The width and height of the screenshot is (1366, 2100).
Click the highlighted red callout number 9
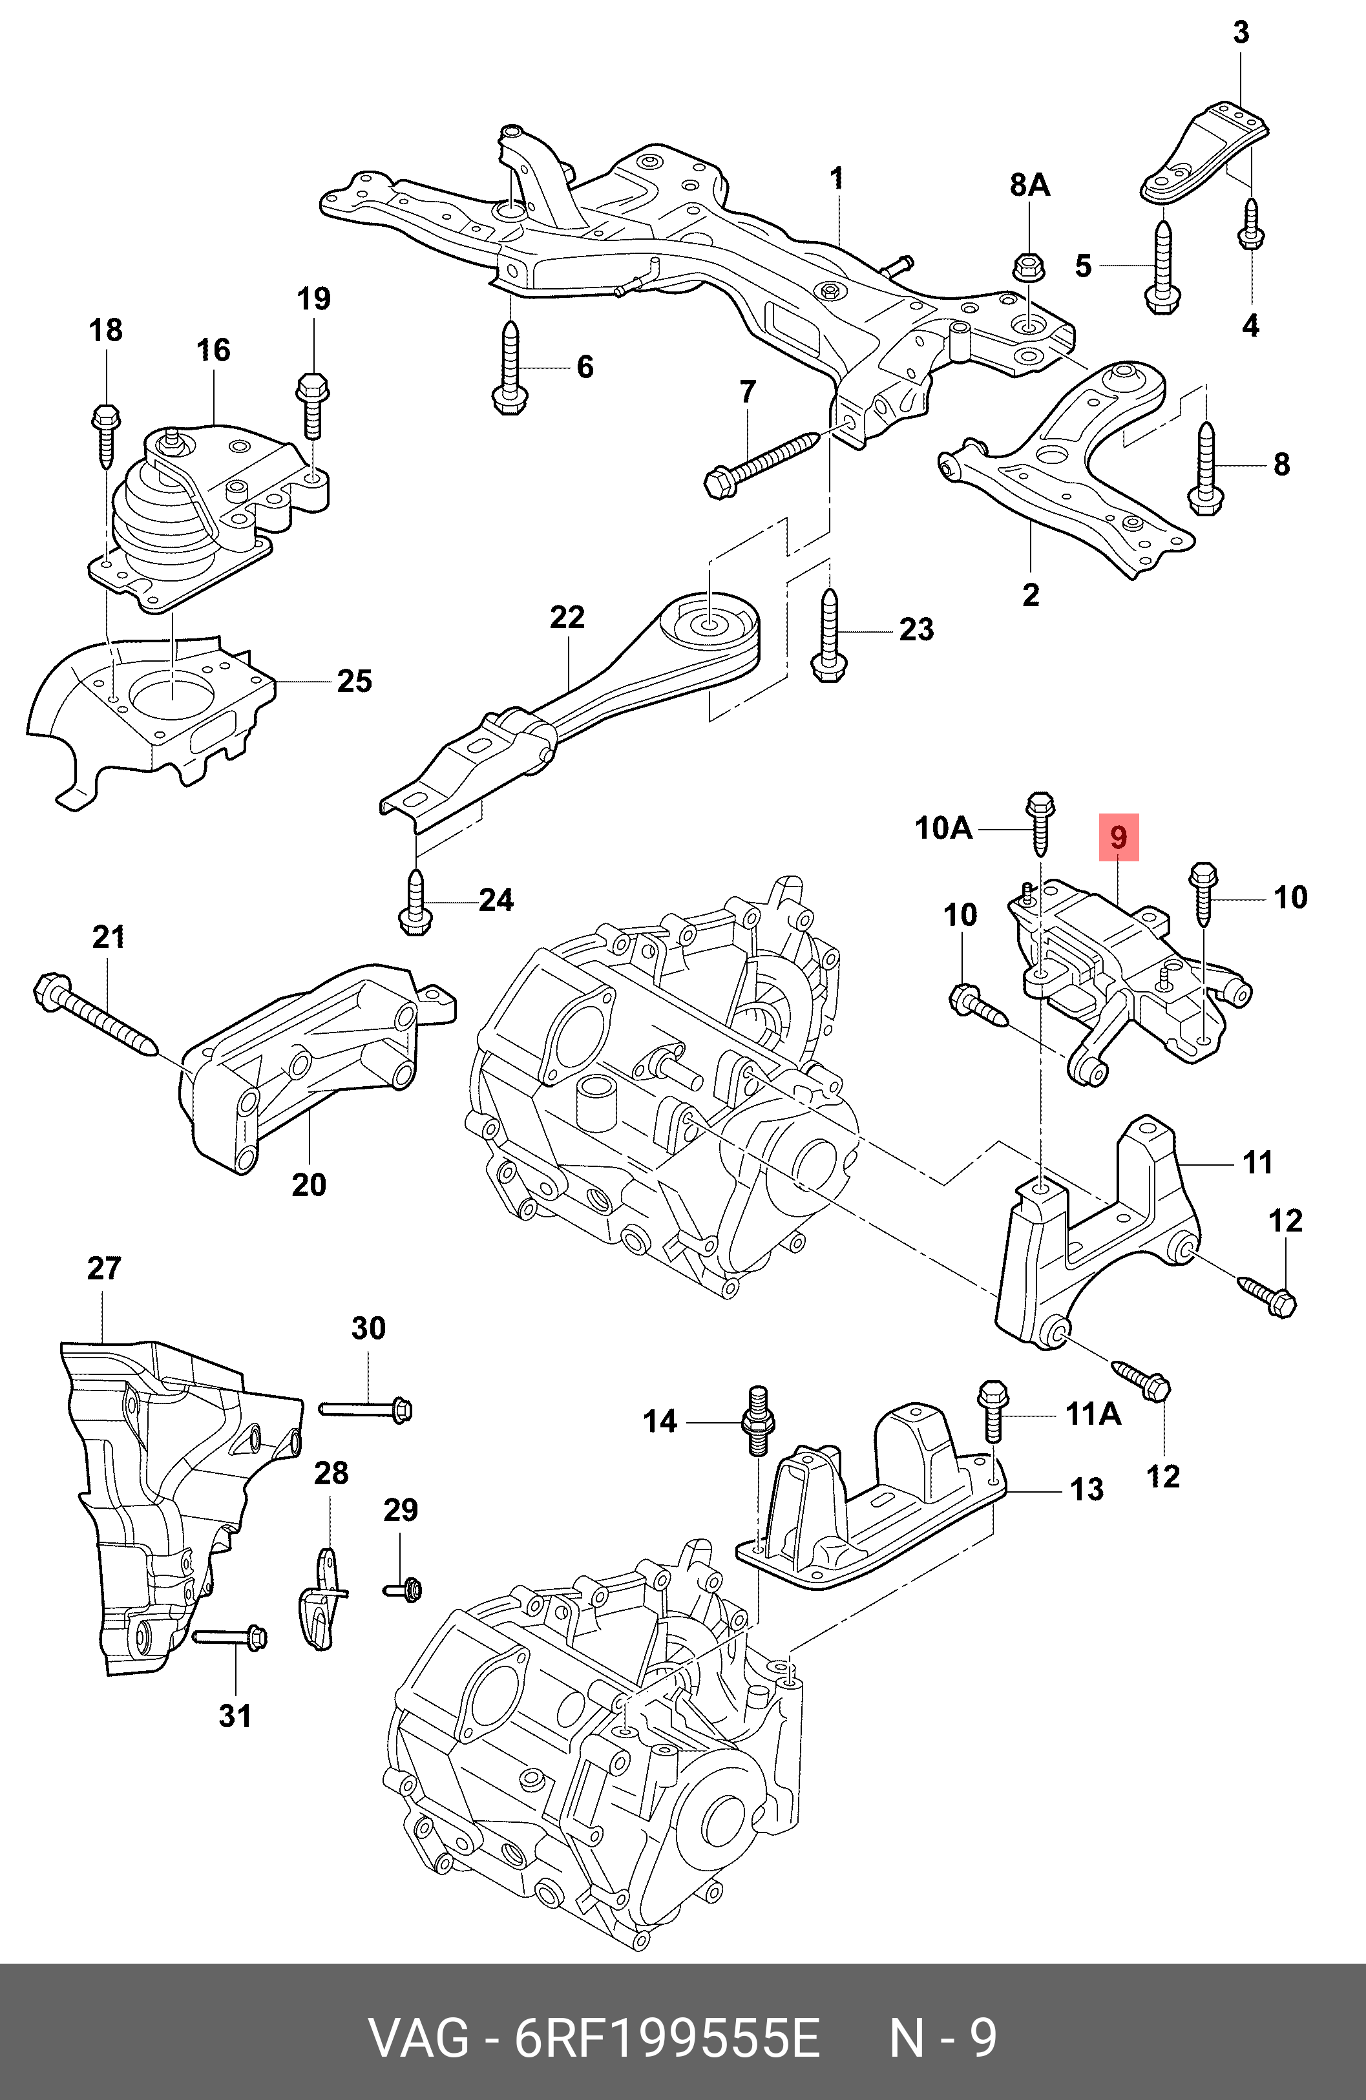[1118, 837]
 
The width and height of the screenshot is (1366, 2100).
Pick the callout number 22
[567, 617]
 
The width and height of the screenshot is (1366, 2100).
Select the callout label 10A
[942, 828]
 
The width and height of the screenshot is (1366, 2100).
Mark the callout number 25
[354, 681]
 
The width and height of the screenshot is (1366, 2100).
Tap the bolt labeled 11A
[993, 1416]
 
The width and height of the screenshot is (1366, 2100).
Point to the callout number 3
[1240, 34]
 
